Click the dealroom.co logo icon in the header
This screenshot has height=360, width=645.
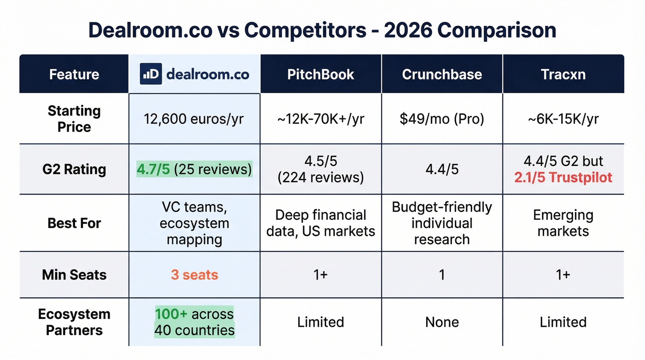tap(151, 74)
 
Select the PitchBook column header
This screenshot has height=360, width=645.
tap(321, 74)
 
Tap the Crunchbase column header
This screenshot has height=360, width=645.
tap(442, 74)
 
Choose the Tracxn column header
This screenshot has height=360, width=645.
tap(563, 74)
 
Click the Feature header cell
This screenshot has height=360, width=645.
tap(74, 74)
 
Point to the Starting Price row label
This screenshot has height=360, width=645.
tap(74, 119)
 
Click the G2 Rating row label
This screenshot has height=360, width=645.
tap(74, 169)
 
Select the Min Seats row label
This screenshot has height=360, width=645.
tap(74, 275)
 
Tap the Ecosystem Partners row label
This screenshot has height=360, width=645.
tap(74, 322)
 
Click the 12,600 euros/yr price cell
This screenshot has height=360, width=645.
tap(194, 119)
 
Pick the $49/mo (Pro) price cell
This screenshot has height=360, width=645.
tap(442, 119)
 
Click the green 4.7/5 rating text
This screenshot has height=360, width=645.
tap(153, 169)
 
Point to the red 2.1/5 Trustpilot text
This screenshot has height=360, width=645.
tap(563, 177)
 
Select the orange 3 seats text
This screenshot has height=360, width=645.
tap(194, 275)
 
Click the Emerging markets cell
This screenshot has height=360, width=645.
tap(563, 223)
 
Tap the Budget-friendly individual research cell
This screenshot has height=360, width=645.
tap(442, 223)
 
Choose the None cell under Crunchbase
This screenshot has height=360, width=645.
tap(442, 322)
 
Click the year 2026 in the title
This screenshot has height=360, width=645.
tap(408, 30)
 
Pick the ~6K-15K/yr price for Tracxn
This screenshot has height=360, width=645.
tap(563, 119)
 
